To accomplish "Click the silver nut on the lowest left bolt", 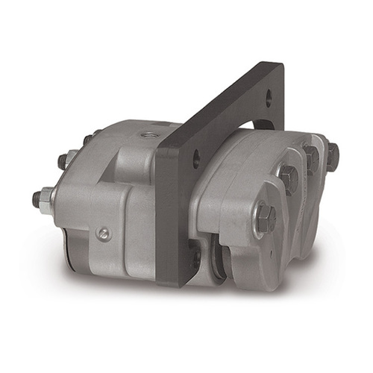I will coord(46,198).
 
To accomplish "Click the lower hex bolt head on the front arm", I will coord(266,218).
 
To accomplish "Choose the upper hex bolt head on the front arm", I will coord(286,178).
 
